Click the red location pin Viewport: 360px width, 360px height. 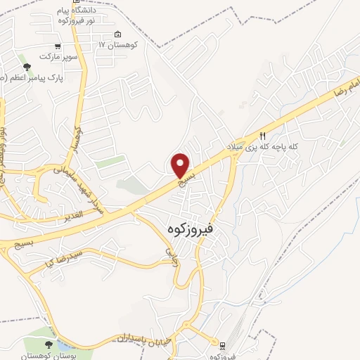click(181, 165)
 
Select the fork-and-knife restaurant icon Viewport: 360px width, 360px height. click(263, 135)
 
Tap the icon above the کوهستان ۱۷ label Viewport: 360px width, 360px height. click(117, 34)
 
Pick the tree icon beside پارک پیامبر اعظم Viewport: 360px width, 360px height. click(27, 67)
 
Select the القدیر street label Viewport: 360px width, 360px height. click(73, 212)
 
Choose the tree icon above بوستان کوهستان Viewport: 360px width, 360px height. click(49, 345)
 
